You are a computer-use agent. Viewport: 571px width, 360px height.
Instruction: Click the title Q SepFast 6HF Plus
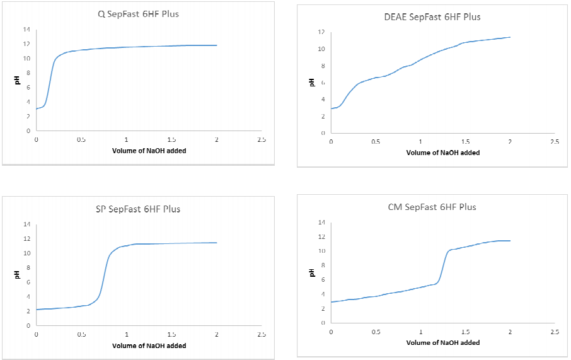(x=138, y=14)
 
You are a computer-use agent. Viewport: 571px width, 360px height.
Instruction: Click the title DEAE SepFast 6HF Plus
(x=432, y=17)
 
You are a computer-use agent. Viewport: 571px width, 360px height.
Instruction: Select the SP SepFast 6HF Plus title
(x=138, y=209)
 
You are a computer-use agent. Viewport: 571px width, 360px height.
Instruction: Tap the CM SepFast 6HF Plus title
(x=432, y=207)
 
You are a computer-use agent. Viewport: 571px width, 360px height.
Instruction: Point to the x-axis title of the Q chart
(x=149, y=151)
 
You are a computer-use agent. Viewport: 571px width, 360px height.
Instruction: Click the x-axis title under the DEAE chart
(x=442, y=153)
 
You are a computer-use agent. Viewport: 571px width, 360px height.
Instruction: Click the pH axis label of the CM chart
(x=312, y=272)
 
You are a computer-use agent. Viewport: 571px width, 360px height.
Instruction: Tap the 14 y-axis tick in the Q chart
(x=26, y=30)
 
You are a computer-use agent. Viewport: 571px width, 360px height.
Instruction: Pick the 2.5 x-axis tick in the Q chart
(x=262, y=139)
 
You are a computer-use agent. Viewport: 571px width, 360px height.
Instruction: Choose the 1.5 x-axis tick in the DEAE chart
(x=465, y=142)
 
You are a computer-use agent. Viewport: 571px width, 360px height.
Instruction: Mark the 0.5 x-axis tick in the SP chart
(x=81, y=334)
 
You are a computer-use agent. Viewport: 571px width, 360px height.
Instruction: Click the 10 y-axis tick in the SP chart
(x=26, y=253)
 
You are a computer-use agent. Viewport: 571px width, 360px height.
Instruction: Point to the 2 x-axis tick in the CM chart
(x=510, y=332)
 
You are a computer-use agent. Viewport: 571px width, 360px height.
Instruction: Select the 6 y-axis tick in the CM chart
(x=322, y=280)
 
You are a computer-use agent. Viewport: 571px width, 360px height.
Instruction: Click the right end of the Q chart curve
(x=217, y=45)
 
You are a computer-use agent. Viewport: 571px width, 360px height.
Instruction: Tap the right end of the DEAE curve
(x=510, y=37)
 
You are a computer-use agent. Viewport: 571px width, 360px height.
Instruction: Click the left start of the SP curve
(x=37, y=310)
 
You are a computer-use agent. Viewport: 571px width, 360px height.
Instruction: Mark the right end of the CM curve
(x=510, y=241)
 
